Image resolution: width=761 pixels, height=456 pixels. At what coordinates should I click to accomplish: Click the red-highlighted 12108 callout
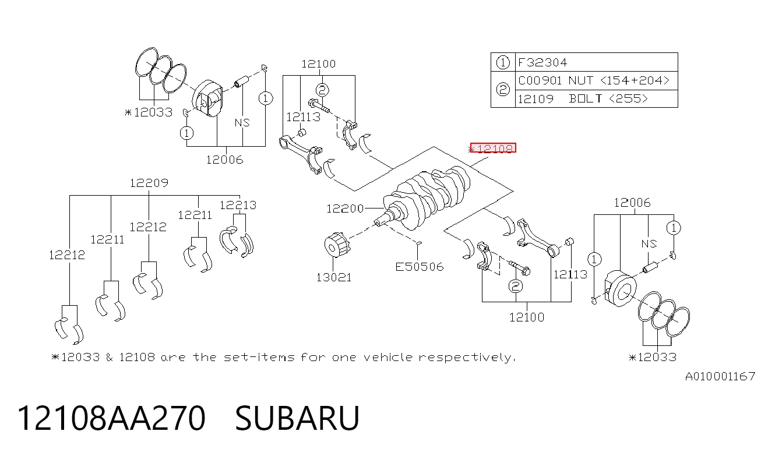pyautogui.click(x=493, y=148)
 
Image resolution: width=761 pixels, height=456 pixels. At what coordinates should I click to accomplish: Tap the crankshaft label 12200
pyautogui.click(x=345, y=208)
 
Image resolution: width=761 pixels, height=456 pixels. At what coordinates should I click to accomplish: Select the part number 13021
pyautogui.click(x=334, y=278)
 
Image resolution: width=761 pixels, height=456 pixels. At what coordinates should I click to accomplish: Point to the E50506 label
pyautogui.click(x=420, y=267)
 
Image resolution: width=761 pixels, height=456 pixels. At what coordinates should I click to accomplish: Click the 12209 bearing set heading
pyautogui.click(x=149, y=183)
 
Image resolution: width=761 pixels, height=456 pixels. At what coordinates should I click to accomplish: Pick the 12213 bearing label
pyautogui.click(x=238, y=205)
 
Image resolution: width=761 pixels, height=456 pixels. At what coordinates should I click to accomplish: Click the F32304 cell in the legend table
pyautogui.click(x=542, y=62)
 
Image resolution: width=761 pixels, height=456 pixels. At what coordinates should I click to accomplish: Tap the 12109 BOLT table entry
pyautogui.click(x=583, y=99)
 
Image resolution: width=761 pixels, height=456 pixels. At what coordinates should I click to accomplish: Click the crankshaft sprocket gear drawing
pyautogui.click(x=336, y=245)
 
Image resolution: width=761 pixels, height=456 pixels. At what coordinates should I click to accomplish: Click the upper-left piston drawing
pyautogui.click(x=207, y=98)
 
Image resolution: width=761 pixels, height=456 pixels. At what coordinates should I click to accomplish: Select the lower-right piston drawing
pyautogui.click(x=621, y=288)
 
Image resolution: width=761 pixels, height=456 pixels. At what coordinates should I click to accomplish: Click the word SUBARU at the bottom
pyautogui.click(x=297, y=418)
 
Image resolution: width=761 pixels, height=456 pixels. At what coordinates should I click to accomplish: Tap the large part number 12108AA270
pyautogui.click(x=111, y=418)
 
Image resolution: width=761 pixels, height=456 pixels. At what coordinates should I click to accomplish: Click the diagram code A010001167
pyautogui.click(x=720, y=377)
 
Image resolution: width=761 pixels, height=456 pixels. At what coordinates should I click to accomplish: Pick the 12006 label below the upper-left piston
pyautogui.click(x=224, y=160)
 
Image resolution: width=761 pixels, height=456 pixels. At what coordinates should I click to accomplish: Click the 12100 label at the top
pyautogui.click(x=319, y=64)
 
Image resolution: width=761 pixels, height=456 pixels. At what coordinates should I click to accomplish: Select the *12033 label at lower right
pyautogui.click(x=652, y=357)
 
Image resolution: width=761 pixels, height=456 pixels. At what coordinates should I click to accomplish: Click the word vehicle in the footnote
pyautogui.click(x=388, y=358)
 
